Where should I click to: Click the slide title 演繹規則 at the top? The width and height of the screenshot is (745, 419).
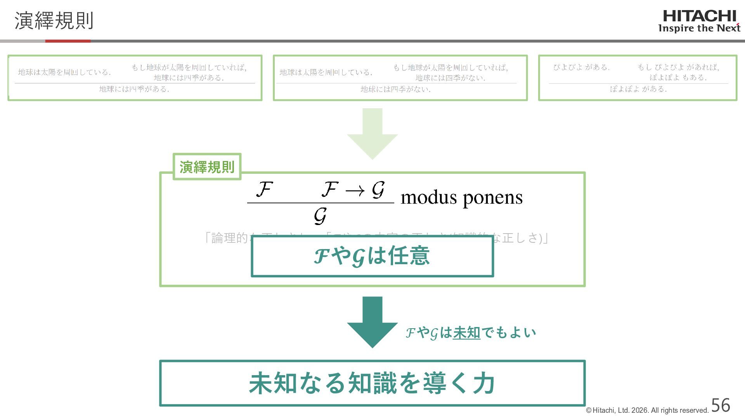54,21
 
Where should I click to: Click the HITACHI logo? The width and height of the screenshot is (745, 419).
699,16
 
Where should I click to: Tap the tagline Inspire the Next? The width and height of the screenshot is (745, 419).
699,28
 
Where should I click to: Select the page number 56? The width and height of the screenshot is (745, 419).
721,405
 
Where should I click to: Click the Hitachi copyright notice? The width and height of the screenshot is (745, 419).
647,410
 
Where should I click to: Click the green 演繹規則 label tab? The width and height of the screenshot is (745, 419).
207,167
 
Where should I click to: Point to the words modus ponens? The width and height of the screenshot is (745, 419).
461,197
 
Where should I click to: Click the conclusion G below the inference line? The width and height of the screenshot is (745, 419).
320,216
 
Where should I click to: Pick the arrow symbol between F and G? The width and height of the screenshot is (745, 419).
355,190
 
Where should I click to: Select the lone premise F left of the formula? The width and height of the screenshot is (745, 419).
264,190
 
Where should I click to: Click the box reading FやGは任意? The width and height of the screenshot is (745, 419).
372,256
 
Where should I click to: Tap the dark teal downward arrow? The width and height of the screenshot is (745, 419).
372,322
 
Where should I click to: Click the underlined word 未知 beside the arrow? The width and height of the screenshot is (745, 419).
466,332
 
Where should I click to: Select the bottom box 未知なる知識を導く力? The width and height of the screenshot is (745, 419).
372,383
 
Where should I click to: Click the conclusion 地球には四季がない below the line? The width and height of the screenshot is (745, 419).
396,89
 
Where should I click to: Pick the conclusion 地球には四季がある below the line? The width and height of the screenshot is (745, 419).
134,89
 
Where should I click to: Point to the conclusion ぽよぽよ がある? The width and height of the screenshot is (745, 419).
638,89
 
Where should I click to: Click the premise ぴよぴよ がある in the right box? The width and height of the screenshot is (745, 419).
581,68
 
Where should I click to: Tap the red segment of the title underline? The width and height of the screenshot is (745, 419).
68,41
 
